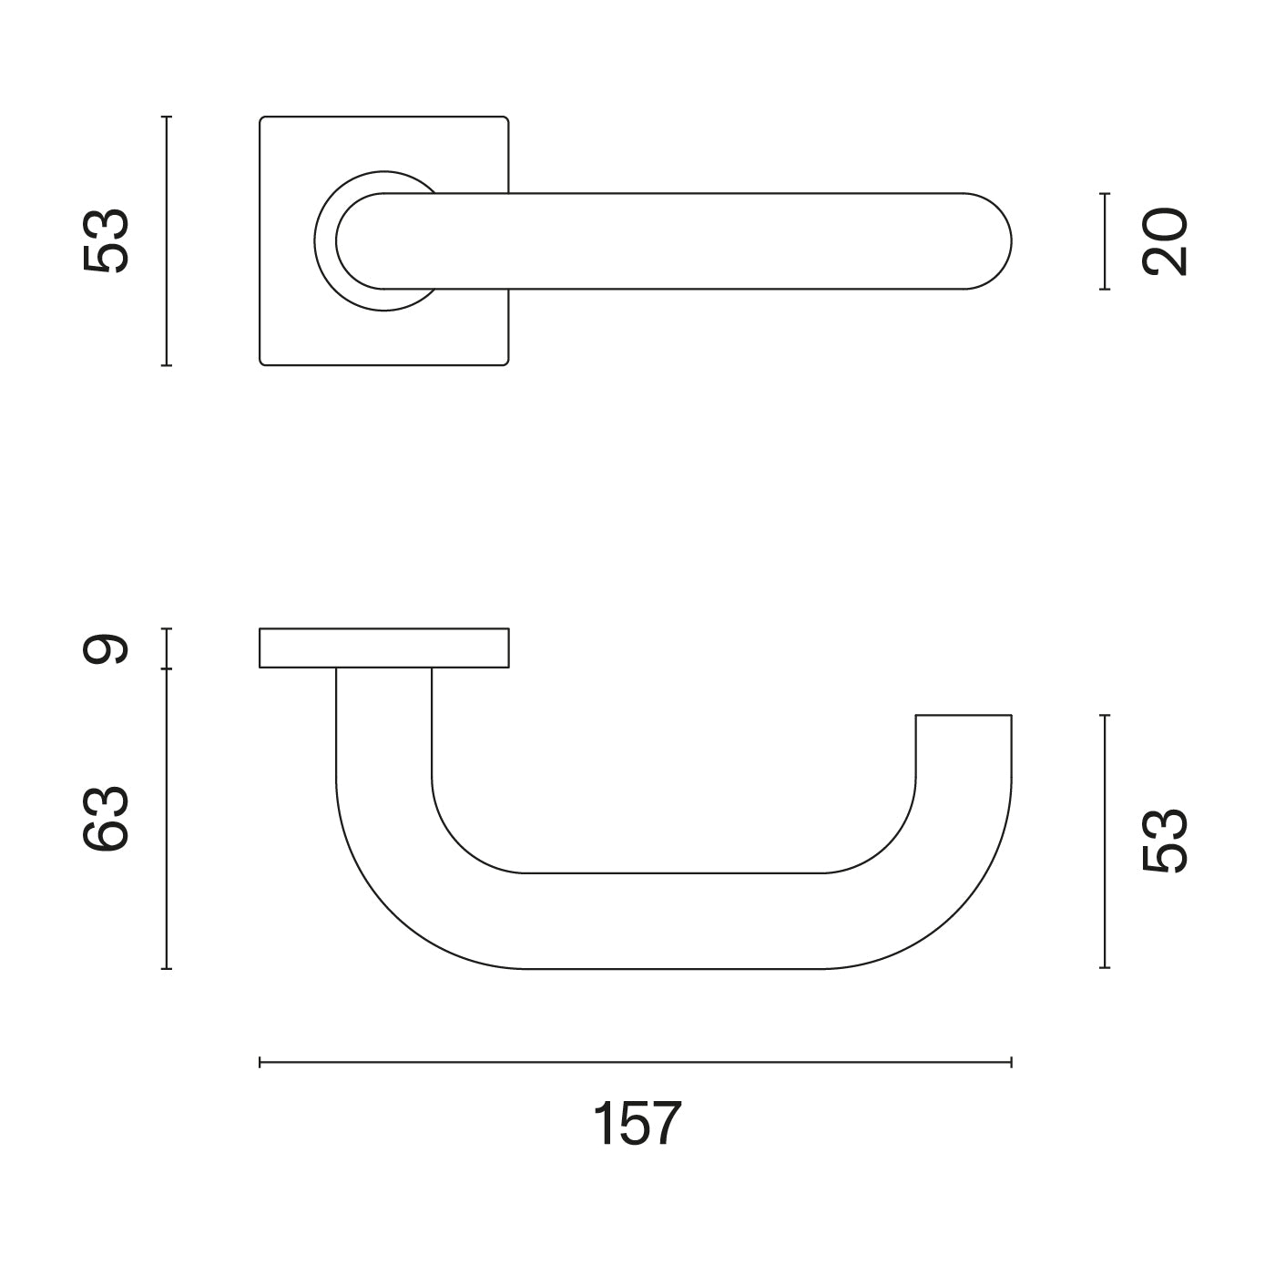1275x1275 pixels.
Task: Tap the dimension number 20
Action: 1165,241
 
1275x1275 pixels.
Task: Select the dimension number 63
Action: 106,819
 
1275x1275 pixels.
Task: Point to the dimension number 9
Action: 106,648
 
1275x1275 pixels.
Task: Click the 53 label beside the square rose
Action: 106,240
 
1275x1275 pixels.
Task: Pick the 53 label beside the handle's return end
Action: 1165,841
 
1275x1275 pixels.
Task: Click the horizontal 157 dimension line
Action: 636,1063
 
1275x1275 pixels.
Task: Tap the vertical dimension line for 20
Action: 1105,241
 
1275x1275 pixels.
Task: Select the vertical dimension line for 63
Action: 167,819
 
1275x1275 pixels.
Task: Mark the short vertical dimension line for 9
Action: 167,648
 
